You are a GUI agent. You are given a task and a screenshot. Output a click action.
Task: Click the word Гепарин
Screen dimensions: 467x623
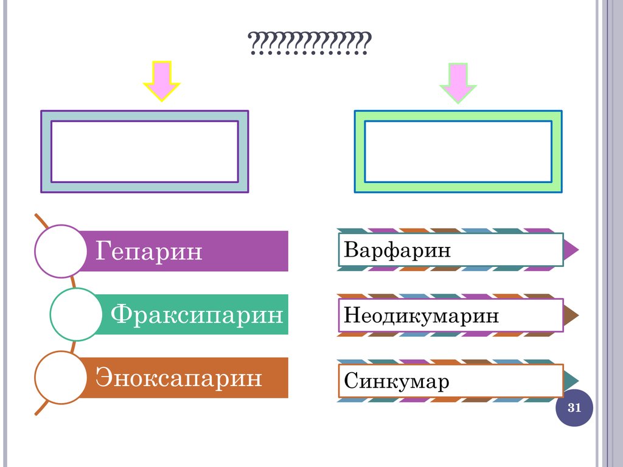pyautogui.click(x=149, y=251)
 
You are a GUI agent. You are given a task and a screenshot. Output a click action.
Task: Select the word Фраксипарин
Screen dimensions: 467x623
pyautogui.click(x=197, y=314)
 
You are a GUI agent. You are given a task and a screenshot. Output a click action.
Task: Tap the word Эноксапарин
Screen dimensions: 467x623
pyautogui.click(x=178, y=378)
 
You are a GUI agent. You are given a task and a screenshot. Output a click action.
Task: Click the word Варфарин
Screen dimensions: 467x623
pyautogui.click(x=397, y=250)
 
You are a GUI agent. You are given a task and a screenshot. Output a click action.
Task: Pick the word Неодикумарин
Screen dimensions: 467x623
pyautogui.click(x=421, y=316)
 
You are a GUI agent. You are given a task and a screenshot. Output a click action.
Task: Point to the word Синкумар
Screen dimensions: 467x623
pyautogui.click(x=396, y=381)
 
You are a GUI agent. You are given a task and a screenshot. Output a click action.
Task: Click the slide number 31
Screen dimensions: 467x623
pyautogui.click(x=574, y=408)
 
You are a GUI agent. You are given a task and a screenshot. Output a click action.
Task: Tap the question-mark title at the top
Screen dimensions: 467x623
pyautogui.click(x=310, y=44)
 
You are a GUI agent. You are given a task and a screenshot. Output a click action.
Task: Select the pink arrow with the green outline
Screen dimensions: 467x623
pyautogui.click(x=458, y=81)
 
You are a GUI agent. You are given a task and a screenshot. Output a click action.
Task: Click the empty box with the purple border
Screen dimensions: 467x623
pyautogui.click(x=144, y=151)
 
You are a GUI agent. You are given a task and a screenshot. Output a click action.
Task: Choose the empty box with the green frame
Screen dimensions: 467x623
pyautogui.click(x=458, y=151)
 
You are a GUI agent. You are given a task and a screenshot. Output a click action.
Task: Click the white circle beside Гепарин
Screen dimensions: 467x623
pyautogui.click(x=61, y=251)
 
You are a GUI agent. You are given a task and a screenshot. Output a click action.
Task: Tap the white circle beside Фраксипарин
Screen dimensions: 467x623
pyautogui.click(x=75, y=314)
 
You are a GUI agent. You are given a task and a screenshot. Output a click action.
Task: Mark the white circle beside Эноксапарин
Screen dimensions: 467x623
pyautogui.click(x=61, y=378)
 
